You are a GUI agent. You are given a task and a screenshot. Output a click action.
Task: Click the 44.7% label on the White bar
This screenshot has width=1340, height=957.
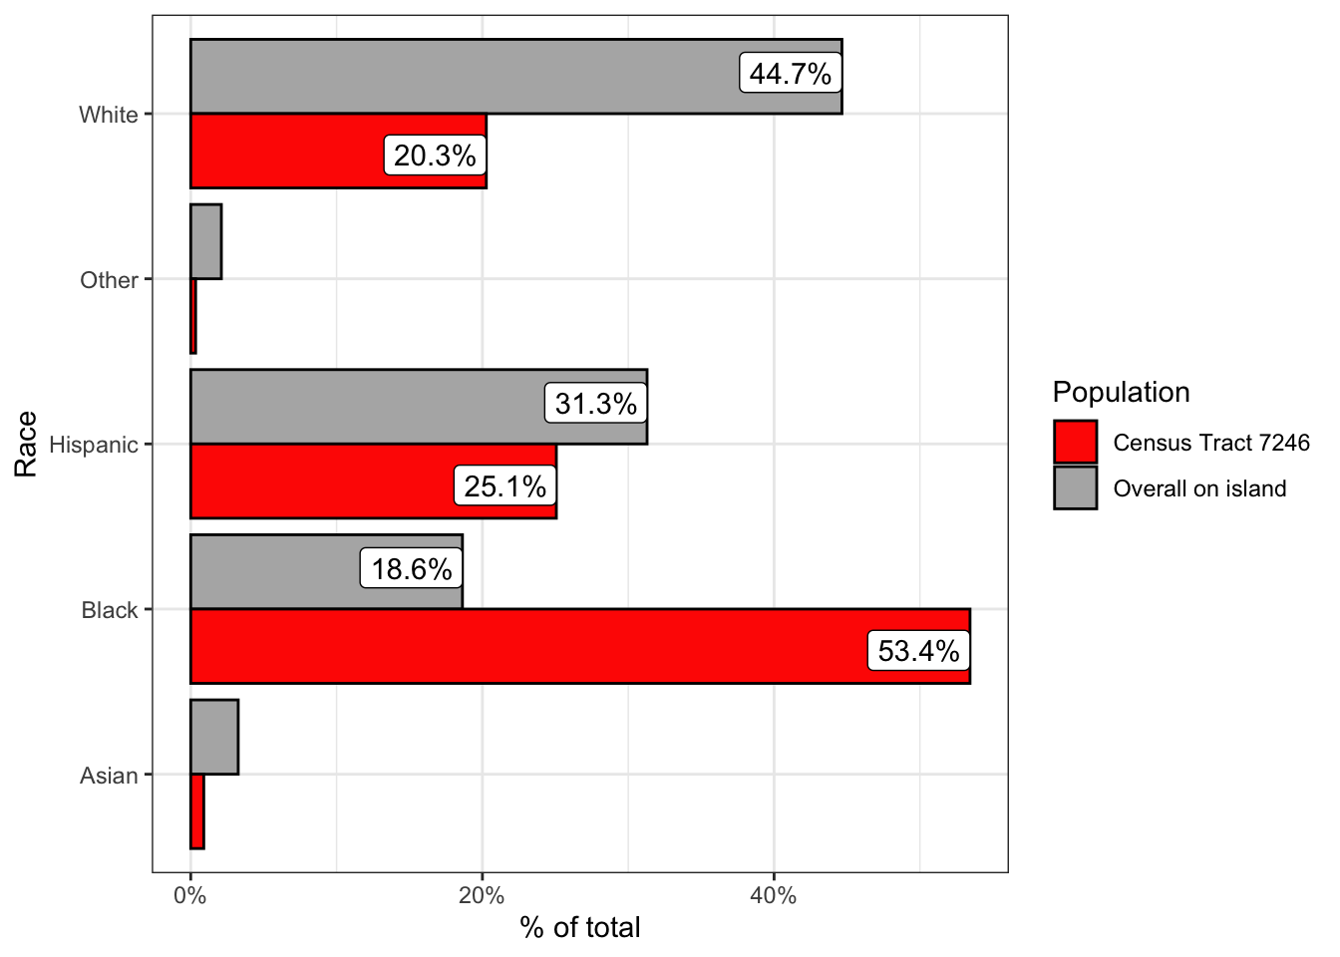[x=791, y=74]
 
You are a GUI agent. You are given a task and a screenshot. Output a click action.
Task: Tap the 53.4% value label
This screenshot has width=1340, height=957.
[x=918, y=652]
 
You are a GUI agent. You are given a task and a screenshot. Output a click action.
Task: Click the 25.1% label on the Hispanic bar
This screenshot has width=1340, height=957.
[x=505, y=486]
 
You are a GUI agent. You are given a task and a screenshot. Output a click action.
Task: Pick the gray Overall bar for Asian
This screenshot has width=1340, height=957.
[x=214, y=738]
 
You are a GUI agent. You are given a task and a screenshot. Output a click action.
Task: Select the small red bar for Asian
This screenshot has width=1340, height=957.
[x=197, y=811]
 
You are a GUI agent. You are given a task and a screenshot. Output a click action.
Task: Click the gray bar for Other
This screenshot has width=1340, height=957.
[x=205, y=242]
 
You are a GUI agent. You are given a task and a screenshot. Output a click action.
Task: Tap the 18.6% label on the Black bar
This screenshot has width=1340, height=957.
[x=412, y=569]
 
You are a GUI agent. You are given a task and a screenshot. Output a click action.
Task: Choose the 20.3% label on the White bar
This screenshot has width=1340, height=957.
[x=435, y=157]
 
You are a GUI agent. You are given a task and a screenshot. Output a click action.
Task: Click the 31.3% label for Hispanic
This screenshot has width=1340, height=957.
[x=595, y=404]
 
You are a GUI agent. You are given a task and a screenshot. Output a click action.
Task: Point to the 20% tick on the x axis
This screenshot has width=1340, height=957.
[x=483, y=895]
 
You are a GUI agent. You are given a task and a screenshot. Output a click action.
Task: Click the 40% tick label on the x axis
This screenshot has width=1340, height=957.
[x=774, y=895]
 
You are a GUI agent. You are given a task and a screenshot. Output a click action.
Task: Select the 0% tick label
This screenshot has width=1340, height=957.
[x=190, y=895]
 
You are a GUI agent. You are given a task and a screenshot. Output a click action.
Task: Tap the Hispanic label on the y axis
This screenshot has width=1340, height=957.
[x=94, y=445]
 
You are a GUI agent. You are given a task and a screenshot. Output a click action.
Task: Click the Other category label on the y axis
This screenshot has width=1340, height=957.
[x=109, y=280]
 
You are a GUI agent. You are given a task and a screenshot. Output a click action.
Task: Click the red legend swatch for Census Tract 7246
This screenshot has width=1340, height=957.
[x=1075, y=443]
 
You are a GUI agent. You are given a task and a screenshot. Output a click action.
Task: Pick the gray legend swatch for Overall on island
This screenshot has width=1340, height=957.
[x=1075, y=488]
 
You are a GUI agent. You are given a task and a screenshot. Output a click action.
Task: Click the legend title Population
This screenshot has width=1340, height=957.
[x=1121, y=392]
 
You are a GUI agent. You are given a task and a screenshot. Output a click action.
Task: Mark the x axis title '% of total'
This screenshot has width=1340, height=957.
[x=579, y=928]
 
